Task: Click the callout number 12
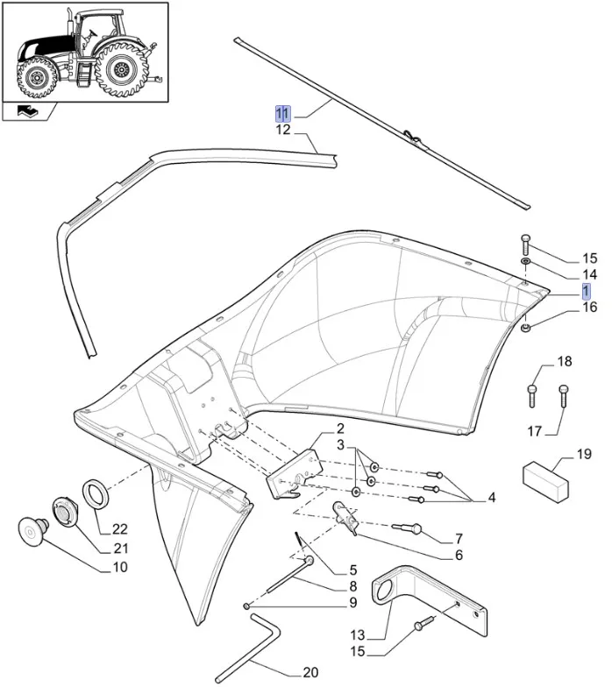click(282, 131)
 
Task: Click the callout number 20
click(310, 673)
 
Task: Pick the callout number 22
click(120, 528)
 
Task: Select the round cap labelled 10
click(32, 529)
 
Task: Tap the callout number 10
click(120, 567)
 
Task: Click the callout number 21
click(120, 548)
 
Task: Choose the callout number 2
click(339, 428)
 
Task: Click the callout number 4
click(492, 498)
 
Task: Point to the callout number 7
click(458, 537)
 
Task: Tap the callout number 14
click(565, 274)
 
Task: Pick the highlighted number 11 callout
click(282, 113)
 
